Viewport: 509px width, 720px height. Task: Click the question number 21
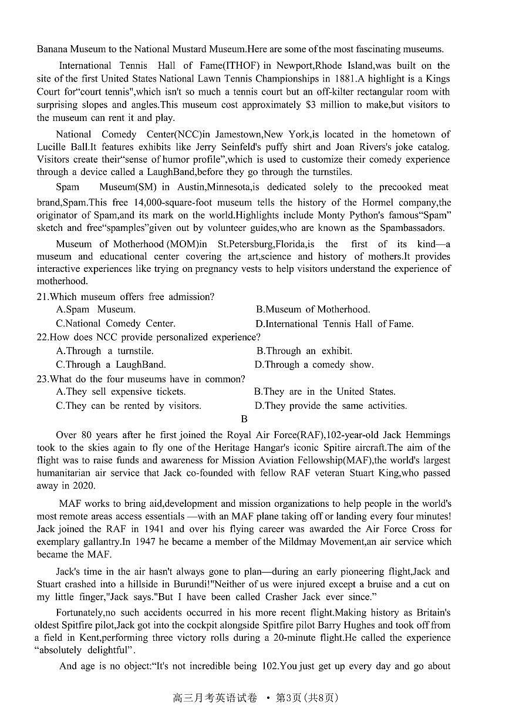pyautogui.click(x=42, y=297)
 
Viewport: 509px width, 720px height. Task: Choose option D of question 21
pyautogui.click(x=334, y=324)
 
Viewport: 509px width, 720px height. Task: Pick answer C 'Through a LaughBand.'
pyautogui.click(x=111, y=365)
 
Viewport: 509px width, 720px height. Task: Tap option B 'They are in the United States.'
pyautogui.click(x=325, y=392)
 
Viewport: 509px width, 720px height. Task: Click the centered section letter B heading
pyautogui.click(x=244, y=419)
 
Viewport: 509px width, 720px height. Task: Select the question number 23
pyautogui.click(x=42, y=379)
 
